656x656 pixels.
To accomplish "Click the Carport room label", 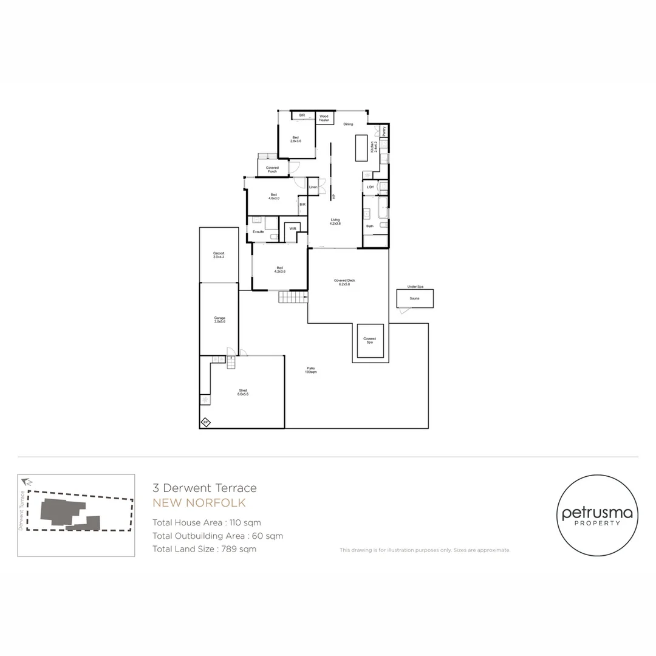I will tap(219, 255).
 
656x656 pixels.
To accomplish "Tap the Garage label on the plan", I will tap(219, 319).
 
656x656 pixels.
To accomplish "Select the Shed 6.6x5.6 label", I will tap(243, 392).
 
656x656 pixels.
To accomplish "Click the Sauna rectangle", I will tap(415, 298).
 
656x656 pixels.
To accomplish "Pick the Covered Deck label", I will tap(344, 282).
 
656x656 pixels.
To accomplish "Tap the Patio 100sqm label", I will tap(311, 369).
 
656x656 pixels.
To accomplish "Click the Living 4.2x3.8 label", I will tap(335, 222).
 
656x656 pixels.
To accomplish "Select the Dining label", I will tap(348, 125).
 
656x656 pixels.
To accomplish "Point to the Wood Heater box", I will tap(324, 118).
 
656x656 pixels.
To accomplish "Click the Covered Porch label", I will tap(272, 169).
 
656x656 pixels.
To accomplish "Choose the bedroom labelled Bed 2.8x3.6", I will tap(296, 139).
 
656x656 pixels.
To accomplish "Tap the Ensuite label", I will tap(259, 232).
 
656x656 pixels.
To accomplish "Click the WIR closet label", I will tap(293, 228).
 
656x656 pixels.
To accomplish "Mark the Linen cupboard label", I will tap(313, 186).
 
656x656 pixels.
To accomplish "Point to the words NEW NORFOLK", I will tap(199, 503).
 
